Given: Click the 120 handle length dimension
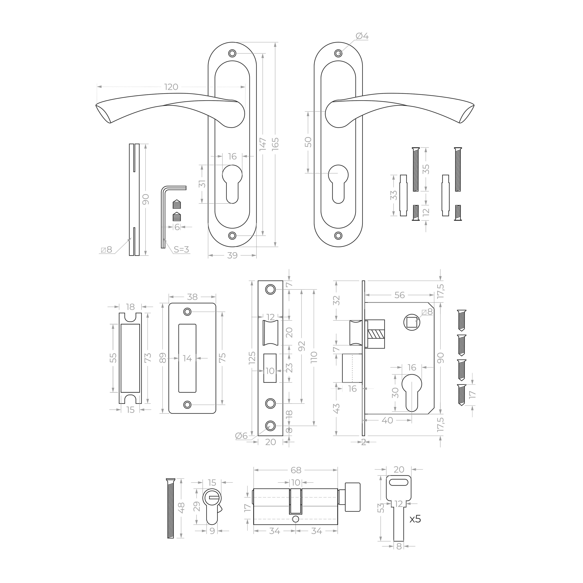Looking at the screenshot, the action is (x=171, y=87).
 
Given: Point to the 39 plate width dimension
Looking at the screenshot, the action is (x=232, y=256).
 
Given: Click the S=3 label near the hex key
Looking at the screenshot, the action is (x=182, y=250).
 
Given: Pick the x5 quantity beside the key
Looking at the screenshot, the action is (x=415, y=519).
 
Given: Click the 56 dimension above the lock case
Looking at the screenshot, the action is (x=400, y=295).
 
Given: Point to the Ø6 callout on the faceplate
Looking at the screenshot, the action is (x=241, y=436).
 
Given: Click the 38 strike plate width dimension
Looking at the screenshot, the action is (x=192, y=297).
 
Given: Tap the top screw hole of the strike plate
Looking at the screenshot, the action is (x=187, y=312).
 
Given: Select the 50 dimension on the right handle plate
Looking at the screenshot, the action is (x=308, y=142).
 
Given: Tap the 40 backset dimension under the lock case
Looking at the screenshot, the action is (x=388, y=420).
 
